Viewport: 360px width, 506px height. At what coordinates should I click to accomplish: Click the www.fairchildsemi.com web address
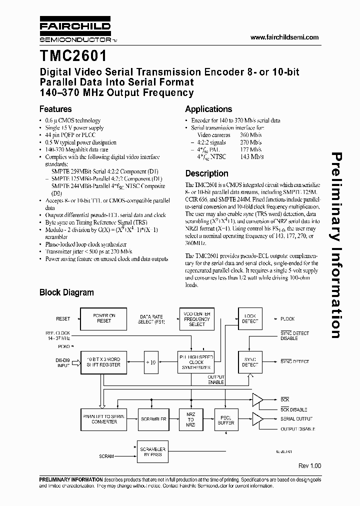coord(283,38)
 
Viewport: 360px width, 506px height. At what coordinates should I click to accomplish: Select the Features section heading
coord(55,109)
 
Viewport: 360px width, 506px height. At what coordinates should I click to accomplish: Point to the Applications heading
coord(208,109)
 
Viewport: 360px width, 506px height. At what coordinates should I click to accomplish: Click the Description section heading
coord(206,173)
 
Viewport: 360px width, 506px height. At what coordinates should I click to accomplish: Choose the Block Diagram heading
coord(66,292)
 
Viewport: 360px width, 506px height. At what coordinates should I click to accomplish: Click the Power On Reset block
coord(104,318)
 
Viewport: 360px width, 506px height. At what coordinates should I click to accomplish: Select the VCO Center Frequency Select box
coord(197,318)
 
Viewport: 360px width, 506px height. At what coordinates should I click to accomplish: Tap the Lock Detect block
coord(250,318)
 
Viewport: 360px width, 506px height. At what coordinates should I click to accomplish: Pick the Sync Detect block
coord(250,361)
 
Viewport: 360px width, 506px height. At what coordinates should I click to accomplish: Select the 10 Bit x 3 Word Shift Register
coord(104,361)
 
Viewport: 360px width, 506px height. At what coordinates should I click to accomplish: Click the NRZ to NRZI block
coord(190,419)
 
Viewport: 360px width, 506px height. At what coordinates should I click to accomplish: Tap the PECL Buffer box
coord(226,419)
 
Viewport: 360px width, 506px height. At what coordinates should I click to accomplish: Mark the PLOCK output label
coord(287,319)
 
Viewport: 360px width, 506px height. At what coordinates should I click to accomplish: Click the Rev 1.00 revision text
coord(309,465)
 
